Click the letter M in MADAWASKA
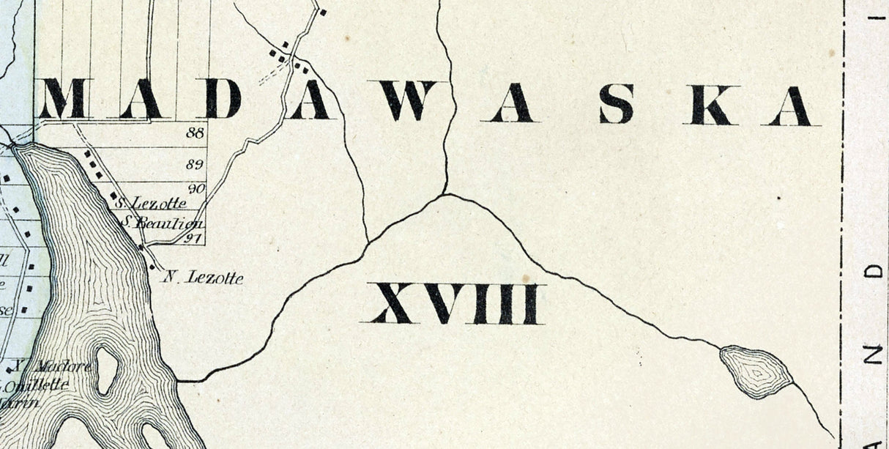62,100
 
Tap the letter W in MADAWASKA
408,100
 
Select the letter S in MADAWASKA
617,103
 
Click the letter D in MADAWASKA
223,99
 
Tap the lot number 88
196,133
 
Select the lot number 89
196,164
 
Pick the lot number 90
196,189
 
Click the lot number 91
194,237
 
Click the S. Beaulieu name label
162,222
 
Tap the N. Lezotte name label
202,277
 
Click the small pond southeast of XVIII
756,372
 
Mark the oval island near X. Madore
106,370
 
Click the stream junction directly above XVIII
444,195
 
